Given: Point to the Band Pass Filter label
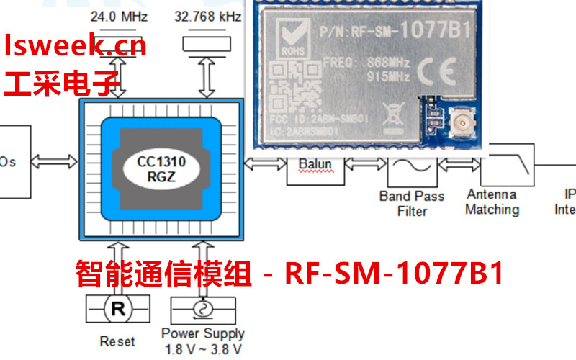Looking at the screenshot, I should coord(412,203).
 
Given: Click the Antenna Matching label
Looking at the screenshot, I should coord(492,202).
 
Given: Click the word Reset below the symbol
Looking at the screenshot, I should coord(117,341).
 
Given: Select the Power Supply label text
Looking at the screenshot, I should coord(202,333).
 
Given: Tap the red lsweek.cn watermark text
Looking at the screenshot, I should coord(75,46).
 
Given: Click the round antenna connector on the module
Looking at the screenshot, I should coord(459,125).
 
